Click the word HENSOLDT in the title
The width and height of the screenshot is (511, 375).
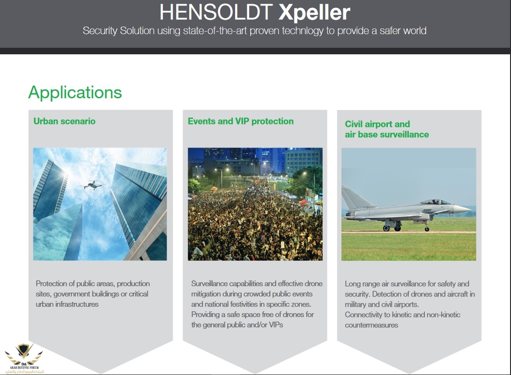216,12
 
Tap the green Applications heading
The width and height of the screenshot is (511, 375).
75,93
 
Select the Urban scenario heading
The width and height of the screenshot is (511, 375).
65,121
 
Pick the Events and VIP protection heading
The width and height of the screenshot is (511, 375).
240,121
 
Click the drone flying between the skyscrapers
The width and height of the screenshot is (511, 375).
93,185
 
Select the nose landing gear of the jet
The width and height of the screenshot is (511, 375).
427,227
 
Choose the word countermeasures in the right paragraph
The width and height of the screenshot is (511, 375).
371,325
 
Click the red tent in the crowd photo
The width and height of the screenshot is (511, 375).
304,202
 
